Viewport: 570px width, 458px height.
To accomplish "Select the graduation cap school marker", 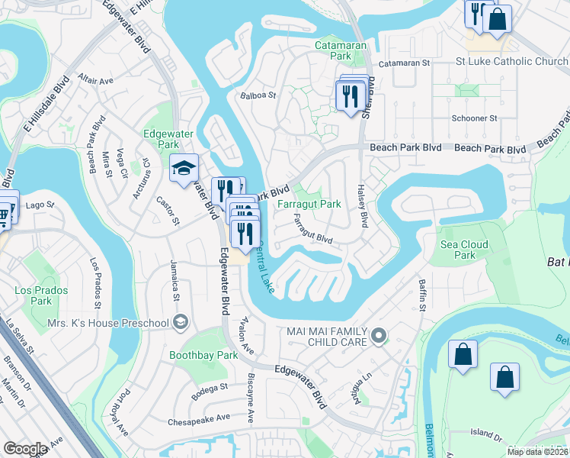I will (184, 169).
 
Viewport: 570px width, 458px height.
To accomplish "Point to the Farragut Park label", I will (309, 205).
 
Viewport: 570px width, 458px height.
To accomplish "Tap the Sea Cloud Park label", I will (464, 250).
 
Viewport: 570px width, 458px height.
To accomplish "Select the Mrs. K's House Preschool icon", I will (180, 323).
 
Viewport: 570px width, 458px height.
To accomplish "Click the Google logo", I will (25, 449).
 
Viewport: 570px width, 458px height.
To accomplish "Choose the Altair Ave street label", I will (95, 79).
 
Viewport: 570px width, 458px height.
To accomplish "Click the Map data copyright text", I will (538, 452).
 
